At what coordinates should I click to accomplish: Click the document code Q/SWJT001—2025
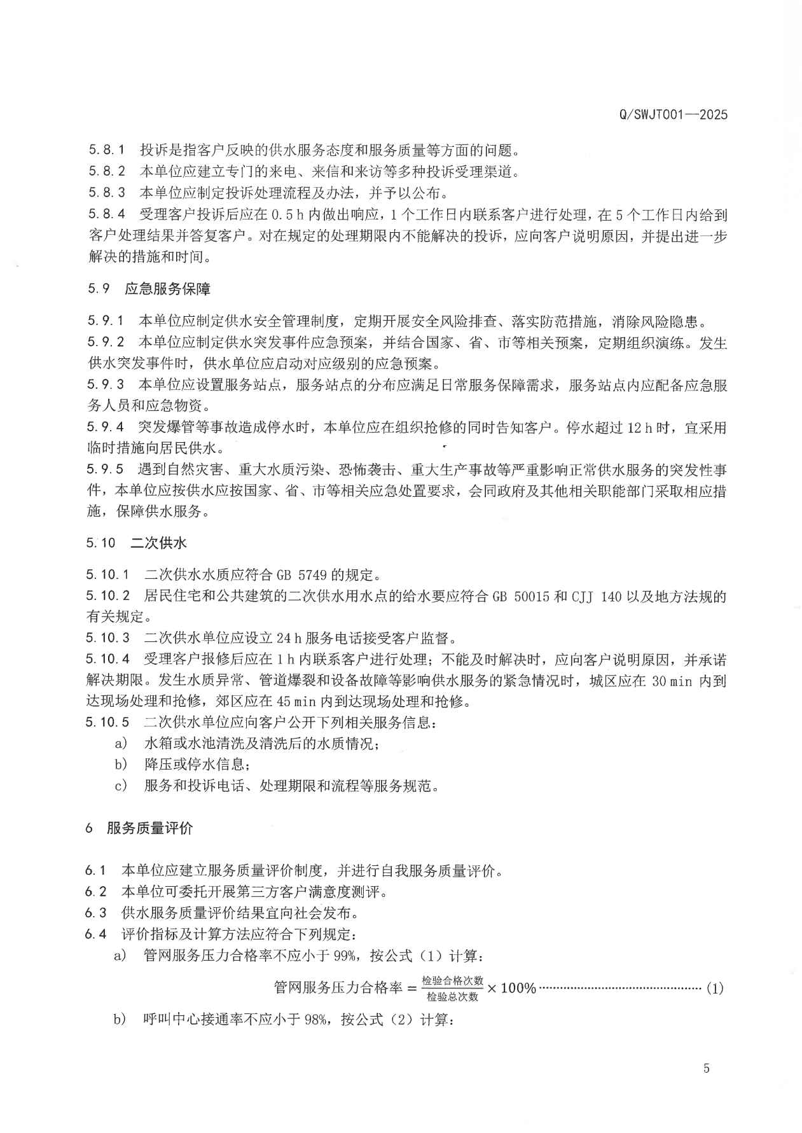[x=672, y=115]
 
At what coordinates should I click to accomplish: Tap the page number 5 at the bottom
[x=706, y=1068]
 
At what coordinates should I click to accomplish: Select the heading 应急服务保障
[x=167, y=289]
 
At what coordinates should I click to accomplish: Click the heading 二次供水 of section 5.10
[x=158, y=543]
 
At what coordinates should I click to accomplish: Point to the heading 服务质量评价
[x=150, y=828]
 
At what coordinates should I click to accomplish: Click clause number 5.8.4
[x=106, y=215]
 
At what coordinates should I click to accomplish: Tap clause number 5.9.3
[x=106, y=385]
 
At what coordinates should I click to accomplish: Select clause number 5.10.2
[x=108, y=596]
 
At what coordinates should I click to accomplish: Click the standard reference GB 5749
[x=301, y=575]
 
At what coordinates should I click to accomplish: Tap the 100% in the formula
[x=518, y=989]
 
